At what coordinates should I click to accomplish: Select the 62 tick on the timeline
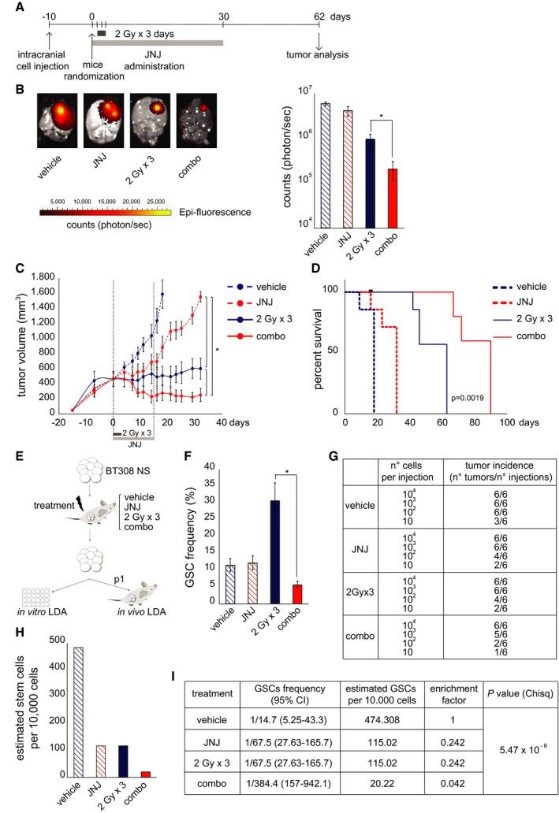click(319, 15)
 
